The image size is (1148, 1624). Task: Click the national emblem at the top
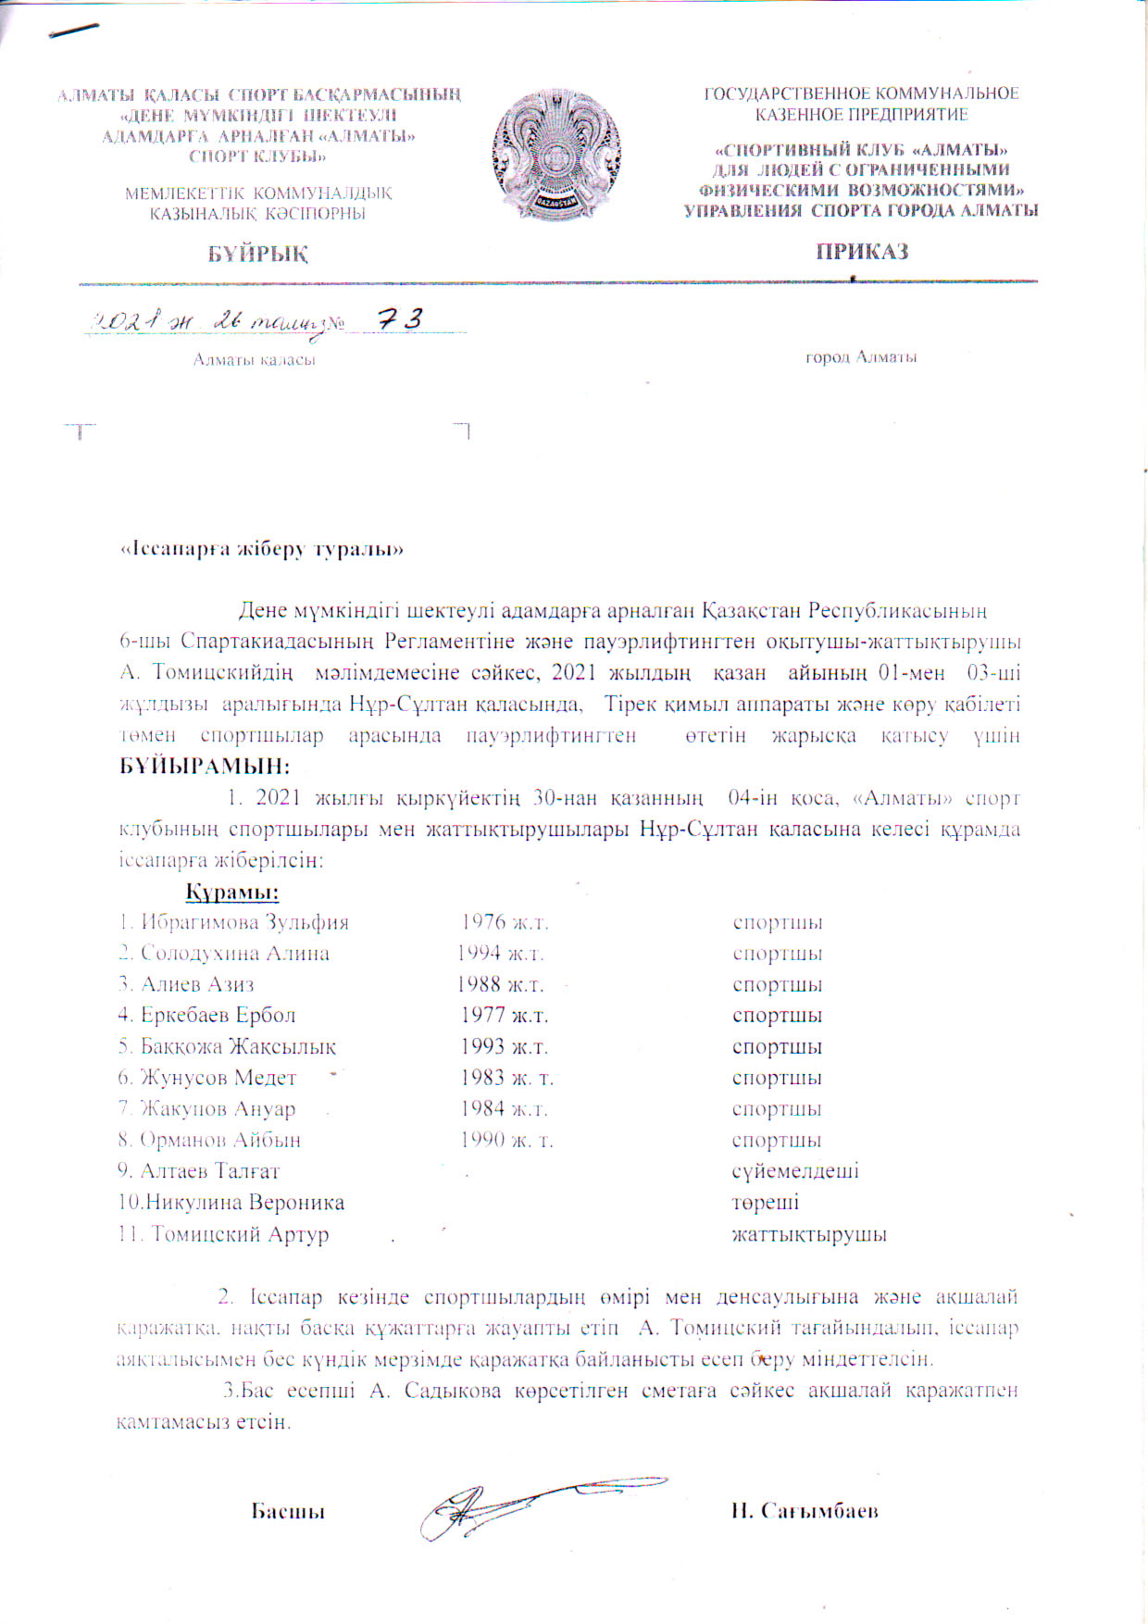coord(557,155)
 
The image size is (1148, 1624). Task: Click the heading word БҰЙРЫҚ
coord(257,254)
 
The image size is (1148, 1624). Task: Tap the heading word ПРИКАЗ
coord(861,252)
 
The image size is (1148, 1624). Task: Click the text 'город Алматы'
coord(861,357)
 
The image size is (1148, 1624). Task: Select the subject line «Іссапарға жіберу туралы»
coord(263,549)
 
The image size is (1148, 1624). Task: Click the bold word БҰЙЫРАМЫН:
coord(205,767)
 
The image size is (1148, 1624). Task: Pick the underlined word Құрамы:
coord(232,893)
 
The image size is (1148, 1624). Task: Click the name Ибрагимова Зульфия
coord(244,923)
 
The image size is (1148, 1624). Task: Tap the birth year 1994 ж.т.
coord(501,954)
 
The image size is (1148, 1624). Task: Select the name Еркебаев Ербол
coord(218,1016)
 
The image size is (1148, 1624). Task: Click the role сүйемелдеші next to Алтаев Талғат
coord(795,1171)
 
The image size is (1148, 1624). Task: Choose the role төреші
coord(766,1203)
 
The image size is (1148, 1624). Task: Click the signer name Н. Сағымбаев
coord(804,1511)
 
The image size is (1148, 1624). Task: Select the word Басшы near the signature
coord(288,1511)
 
